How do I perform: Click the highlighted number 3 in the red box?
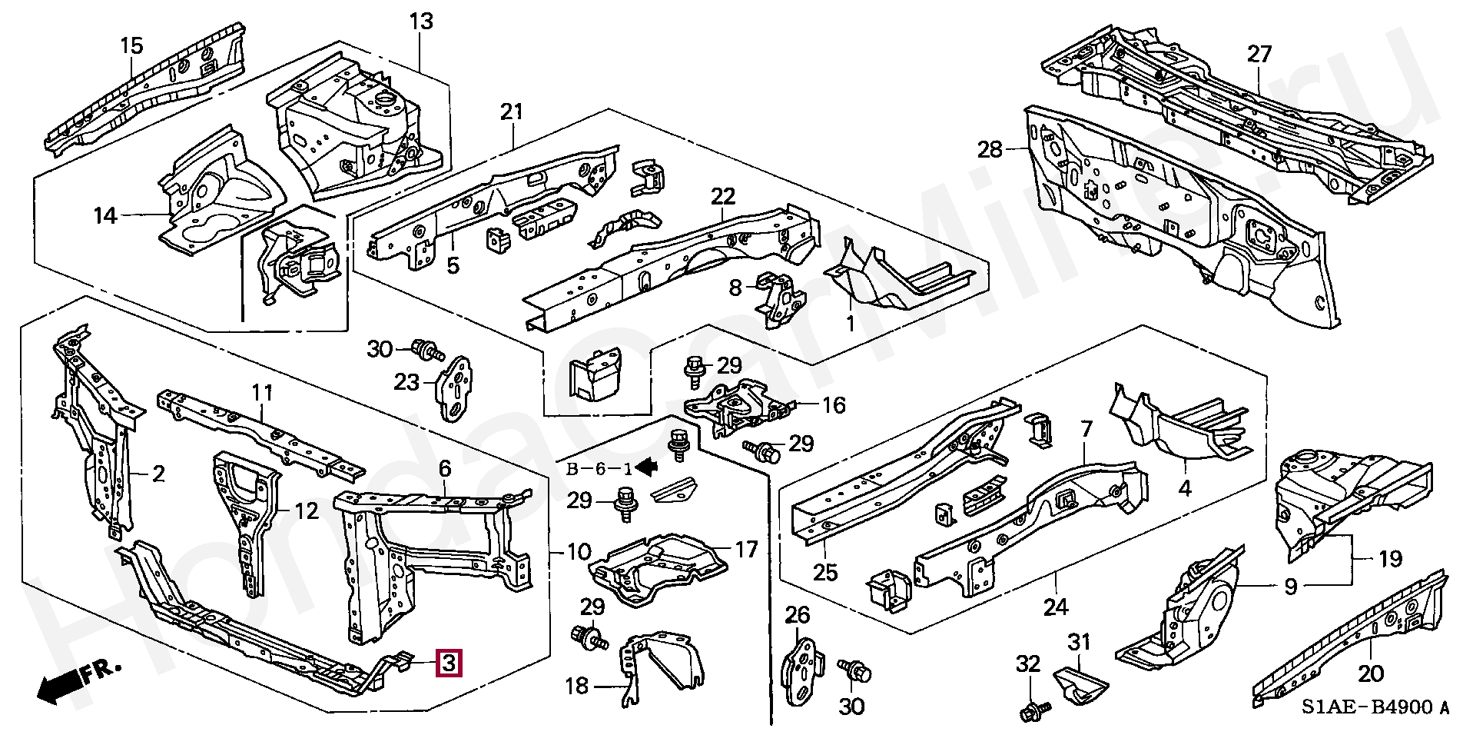point(449,663)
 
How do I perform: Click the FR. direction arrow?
point(77,680)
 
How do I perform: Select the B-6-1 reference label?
point(599,468)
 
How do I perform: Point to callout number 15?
point(131,45)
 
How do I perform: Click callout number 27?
point(1259,55)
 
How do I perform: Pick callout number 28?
point(990,149)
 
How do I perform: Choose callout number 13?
point(421,22)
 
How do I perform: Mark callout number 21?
point(511,112)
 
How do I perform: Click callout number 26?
point(798,614)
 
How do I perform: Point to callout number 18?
point(576,686)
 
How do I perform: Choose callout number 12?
point(307,511)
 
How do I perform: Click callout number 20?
point(1370,674)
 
